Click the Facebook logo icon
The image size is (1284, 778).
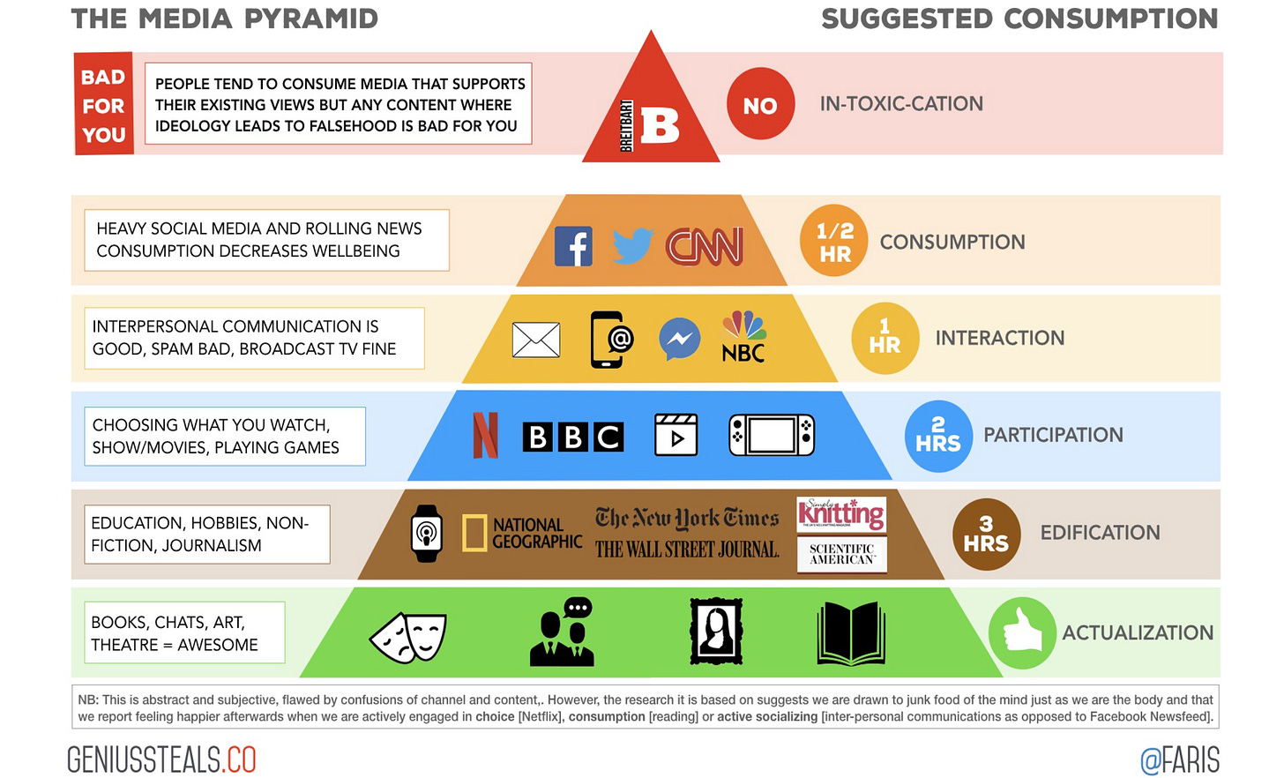tap(573, 246)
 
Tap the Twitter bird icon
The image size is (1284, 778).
tap(631, 246)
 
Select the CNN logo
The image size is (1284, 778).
tap(705, 246)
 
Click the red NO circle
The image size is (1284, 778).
tap(760, 105)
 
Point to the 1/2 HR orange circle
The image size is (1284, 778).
tap(833, 241)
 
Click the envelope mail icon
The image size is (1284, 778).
tap(536, 340)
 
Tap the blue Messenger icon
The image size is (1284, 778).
tap(680, 339)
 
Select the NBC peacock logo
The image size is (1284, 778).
tap(743, 337)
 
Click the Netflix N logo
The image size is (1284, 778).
tap(486, 435)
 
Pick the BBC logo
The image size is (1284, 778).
tap(573, 436)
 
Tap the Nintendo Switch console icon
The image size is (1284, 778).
tap(772, 435)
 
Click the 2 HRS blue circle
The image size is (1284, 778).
tap(938, 436)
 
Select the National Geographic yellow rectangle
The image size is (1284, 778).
tap(474, 533)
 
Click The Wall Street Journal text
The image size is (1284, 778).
tap(687, 550)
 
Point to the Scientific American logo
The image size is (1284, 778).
tap(842, 555)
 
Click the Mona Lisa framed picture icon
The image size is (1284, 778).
tap(716, 632)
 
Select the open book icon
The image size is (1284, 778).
tap(851, 633)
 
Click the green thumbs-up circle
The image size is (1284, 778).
tap(1022, 632)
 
